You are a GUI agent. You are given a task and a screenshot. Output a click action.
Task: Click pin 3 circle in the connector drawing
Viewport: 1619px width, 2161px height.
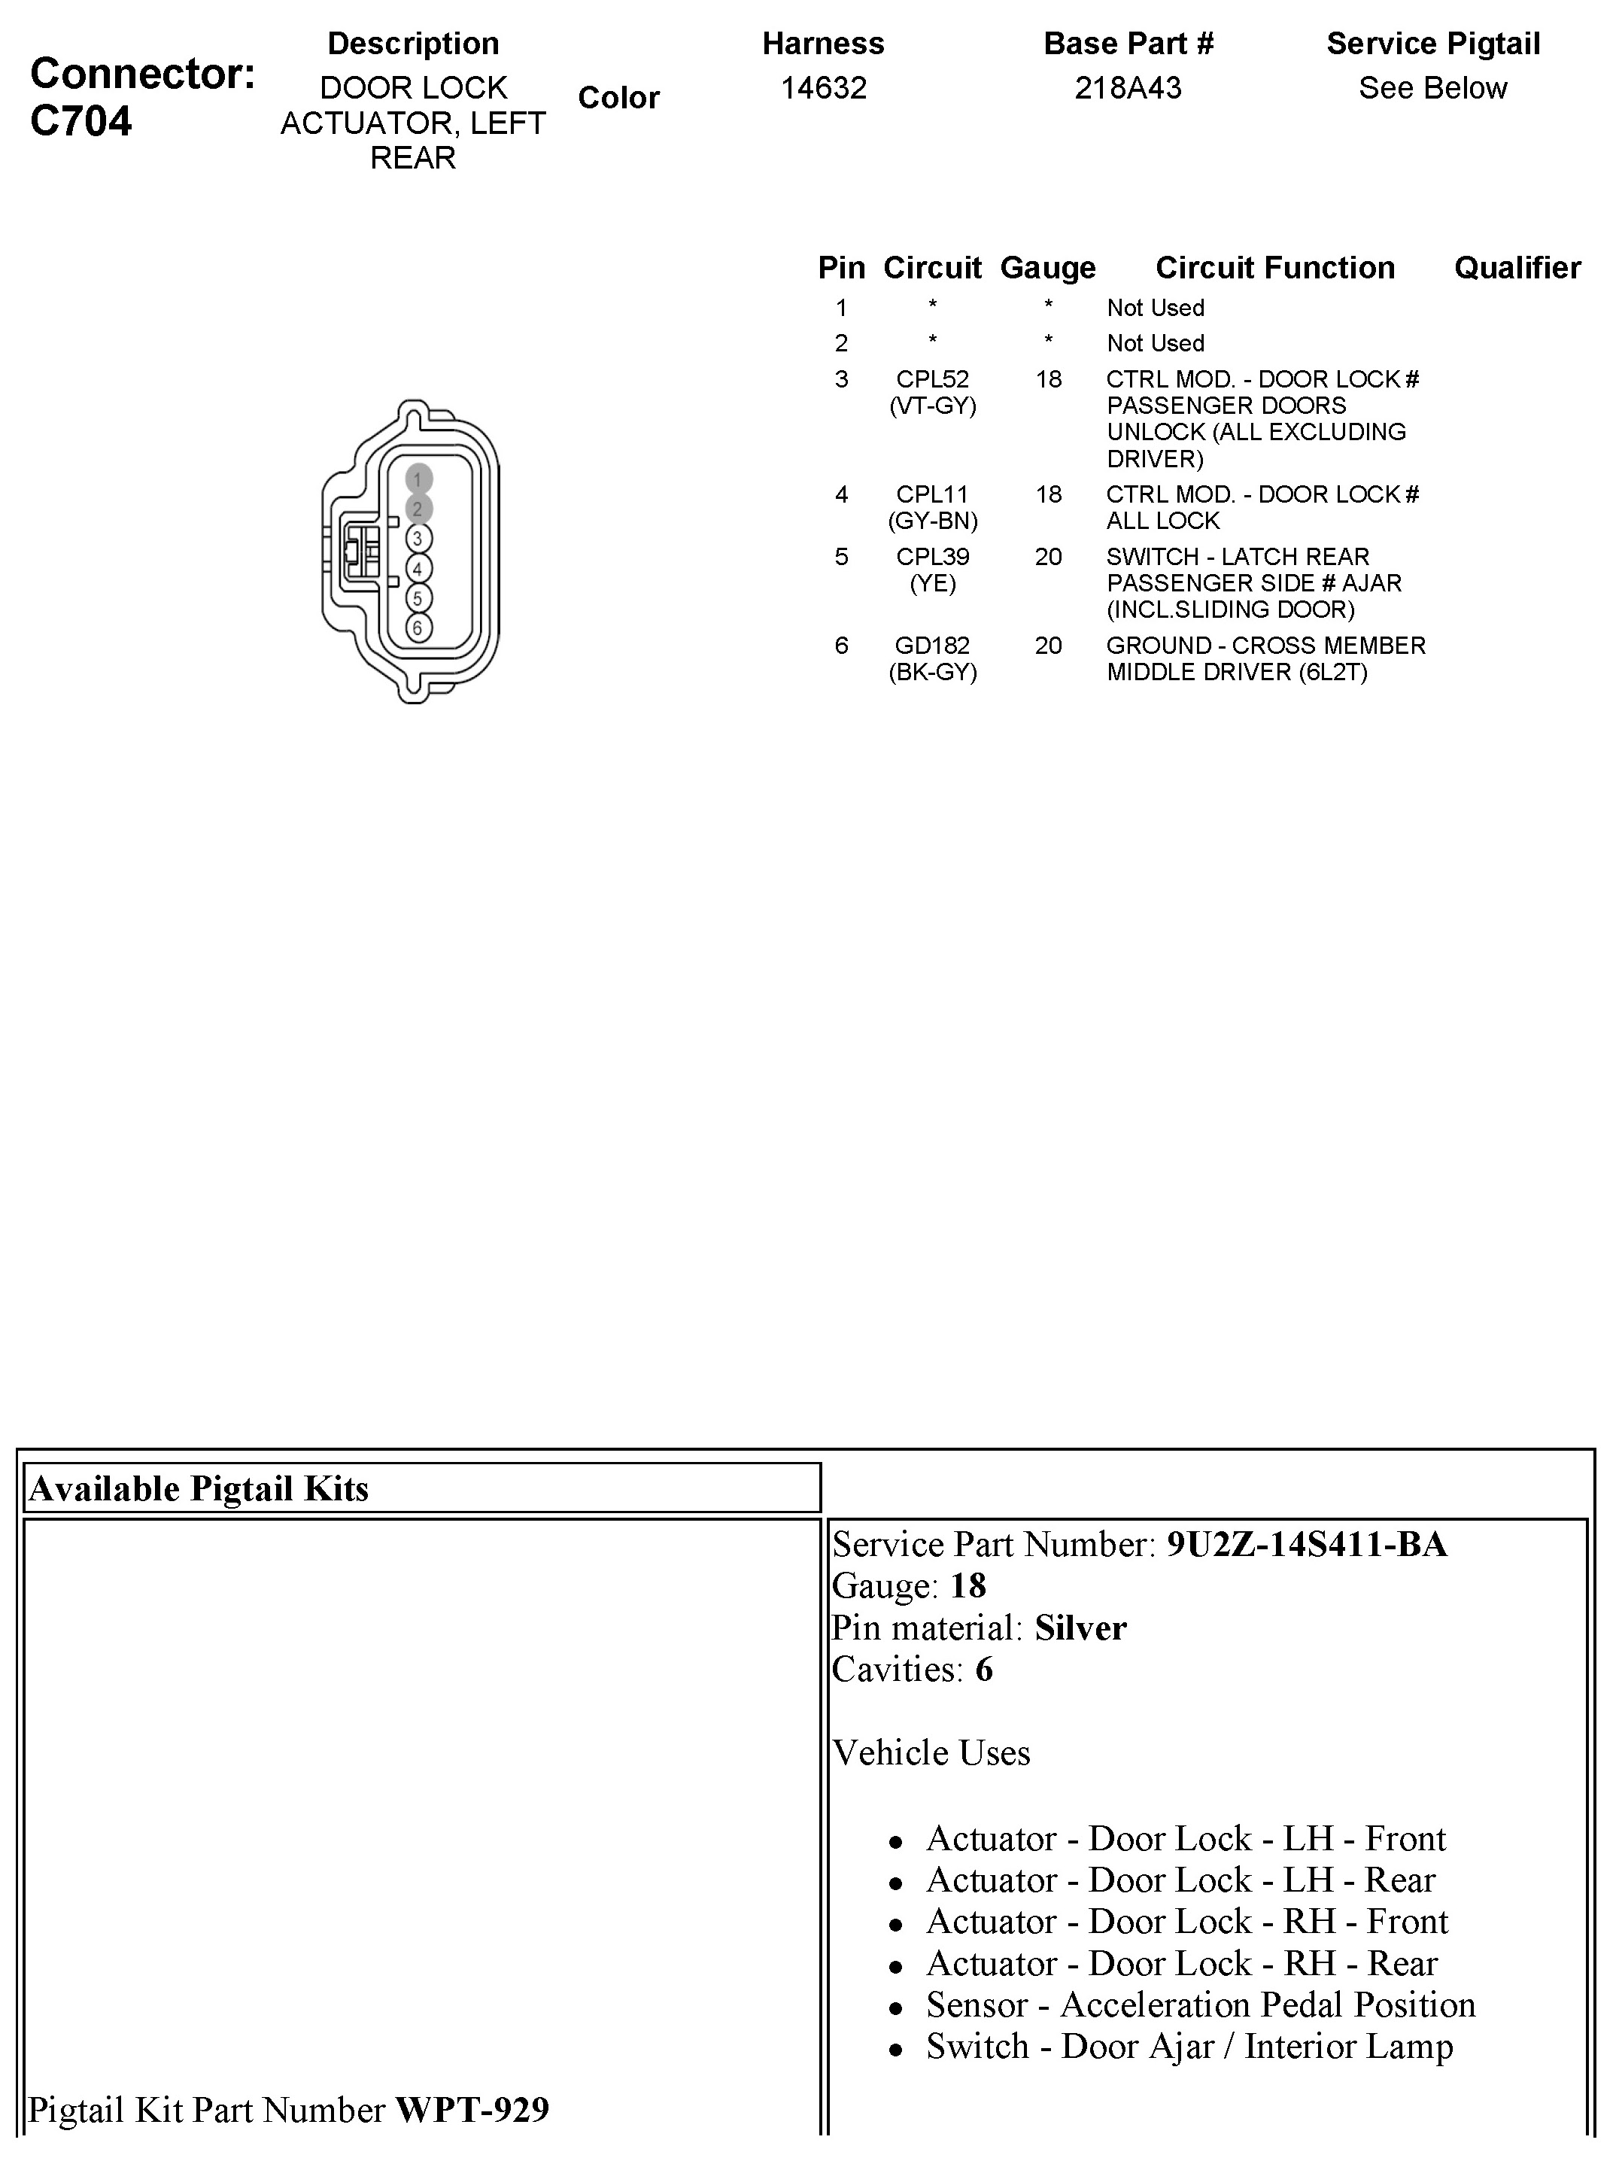point(418,538)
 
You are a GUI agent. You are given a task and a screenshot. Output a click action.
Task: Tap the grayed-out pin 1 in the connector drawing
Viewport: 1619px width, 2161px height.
point(418,479)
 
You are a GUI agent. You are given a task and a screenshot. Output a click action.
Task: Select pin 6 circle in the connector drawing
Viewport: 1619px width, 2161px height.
point(418,628)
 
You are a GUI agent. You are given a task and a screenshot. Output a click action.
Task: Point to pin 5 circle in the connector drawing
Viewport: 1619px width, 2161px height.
point(418,598)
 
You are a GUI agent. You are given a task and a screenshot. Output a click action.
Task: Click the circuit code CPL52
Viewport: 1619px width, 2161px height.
point(932,379)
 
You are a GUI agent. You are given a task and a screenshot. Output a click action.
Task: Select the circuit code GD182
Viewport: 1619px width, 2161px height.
point(932,645)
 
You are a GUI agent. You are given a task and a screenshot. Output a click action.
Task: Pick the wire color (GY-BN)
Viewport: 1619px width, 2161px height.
point(932,521)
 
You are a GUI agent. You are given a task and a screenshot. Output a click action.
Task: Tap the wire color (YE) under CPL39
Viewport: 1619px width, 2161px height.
point(932,583)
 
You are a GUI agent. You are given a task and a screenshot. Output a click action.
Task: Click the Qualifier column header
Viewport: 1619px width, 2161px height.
point(1517,268)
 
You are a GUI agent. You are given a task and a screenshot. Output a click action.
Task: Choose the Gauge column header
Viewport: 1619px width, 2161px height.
point(1047,268)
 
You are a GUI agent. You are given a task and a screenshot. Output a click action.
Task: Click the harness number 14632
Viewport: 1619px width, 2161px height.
point(823,88)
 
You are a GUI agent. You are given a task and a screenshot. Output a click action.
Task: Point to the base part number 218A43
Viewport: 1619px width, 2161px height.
point(1128,88)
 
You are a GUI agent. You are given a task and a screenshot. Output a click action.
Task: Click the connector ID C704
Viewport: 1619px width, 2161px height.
point(81,121)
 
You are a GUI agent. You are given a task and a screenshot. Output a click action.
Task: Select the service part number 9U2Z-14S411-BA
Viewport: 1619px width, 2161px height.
point(1306,1543)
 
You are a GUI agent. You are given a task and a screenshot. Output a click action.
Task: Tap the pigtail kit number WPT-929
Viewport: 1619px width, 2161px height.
point(472,2109)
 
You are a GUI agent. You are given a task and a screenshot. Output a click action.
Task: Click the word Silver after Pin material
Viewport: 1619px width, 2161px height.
point(1080,1628)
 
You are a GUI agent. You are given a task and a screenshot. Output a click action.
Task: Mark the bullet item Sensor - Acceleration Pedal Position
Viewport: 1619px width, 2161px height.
point(1200,2004)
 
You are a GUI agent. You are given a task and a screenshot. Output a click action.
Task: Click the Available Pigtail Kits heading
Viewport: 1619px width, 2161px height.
point(199,1488)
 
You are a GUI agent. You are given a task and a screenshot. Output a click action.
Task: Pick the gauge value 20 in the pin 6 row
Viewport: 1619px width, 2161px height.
point(1047,645)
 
